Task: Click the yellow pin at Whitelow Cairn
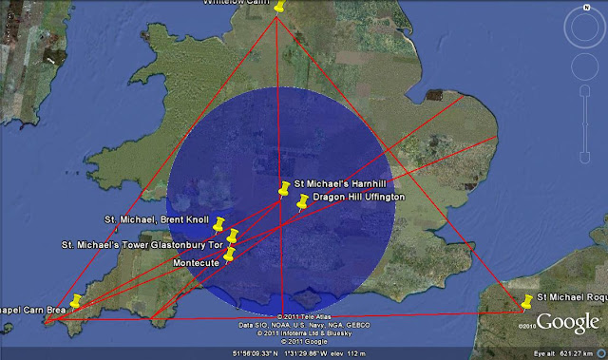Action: click(x=279, y=7)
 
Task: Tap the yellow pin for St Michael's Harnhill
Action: click(x=284, y=188)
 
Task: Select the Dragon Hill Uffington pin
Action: click(x=303, y=201)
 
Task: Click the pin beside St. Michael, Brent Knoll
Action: click(x=219, y=224)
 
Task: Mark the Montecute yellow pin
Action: click(x=229, y=254)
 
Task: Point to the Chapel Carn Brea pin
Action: click(x=76, y=301)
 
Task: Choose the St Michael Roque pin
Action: click(x=528, y=302)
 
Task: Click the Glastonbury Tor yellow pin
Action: click(x=233, y=236)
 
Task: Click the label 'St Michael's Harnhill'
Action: click(x=340, y=182)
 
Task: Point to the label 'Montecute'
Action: click(x=196, y=261)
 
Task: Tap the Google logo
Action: click(x=568, y=323)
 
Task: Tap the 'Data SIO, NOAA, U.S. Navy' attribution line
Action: click(x=304, y=325)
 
